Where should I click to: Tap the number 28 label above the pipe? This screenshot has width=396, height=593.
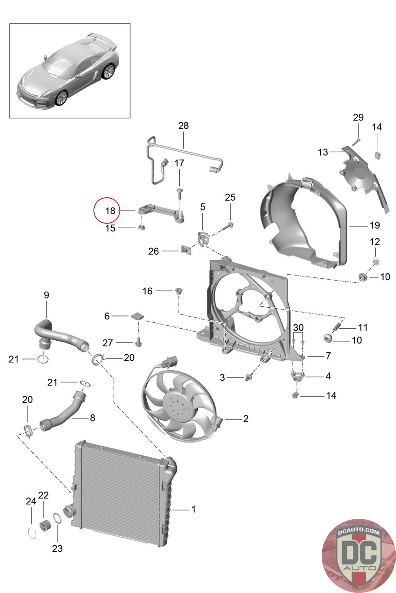click(x=183, y=126)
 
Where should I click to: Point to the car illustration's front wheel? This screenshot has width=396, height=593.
click(x=60, y=97)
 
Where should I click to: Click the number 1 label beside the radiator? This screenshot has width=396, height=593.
click(x=193, y=509)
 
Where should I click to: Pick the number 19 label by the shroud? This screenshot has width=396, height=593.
click(x=374, y=225)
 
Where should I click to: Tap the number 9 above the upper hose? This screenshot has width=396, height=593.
click(x=46, y=295)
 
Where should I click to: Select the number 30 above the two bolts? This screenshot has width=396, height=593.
click(x=298, y=327)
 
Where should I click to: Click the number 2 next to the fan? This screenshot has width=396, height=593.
click(x=245, y=419)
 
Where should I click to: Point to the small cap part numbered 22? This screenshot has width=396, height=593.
click(x=45, y=525)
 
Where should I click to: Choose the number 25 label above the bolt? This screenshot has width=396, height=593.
click(x=230, y=197)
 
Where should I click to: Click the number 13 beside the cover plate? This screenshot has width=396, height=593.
click(x=323, y=152)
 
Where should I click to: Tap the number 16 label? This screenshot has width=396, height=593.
click(x=147, y=291)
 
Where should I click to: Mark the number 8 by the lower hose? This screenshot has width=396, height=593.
click(x=92, y=418)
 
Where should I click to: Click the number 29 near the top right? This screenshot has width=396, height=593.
click(x=358, y=117)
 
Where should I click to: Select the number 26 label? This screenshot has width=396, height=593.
click(x=153, y=251)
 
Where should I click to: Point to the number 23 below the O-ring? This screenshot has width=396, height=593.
click(x=57, y=549)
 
